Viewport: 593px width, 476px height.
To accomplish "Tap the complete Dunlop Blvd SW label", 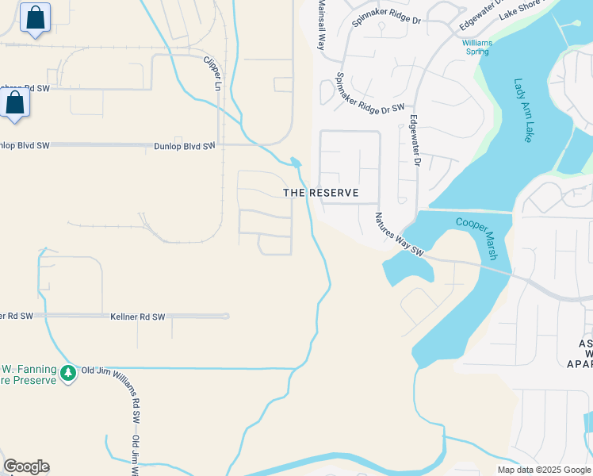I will tap(185, 146).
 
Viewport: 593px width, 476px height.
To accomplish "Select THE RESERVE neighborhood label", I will tap(321, 193).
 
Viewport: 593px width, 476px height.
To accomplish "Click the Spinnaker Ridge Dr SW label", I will tap(371, 91).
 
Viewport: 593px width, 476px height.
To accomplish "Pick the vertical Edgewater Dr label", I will tap(413, 140).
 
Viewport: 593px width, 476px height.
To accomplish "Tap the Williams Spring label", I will tap(477, 47).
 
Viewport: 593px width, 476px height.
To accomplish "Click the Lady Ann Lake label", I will tap(523, 109).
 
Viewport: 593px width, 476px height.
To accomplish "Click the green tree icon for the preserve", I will tap(68, 372).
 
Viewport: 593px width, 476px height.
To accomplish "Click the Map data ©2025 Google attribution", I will tap(544, 470).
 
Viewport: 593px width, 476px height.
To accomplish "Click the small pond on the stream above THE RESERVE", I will tap(296, 162).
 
